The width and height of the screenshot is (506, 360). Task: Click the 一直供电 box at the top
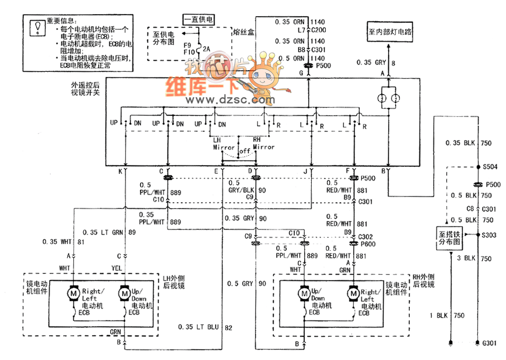(199, 20)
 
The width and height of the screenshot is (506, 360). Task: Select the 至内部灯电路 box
(389, 31)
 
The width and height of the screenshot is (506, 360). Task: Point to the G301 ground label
(489, 344)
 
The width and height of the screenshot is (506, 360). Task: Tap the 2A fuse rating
(206, 49)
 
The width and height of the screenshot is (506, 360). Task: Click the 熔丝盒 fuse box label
(244, 32)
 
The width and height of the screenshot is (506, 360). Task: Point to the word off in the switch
(245, 151)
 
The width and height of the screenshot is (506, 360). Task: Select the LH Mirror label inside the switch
(223, 144)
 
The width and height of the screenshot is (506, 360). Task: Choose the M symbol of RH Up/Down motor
(304, 294)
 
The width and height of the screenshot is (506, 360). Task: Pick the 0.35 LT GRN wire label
(103, 232)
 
